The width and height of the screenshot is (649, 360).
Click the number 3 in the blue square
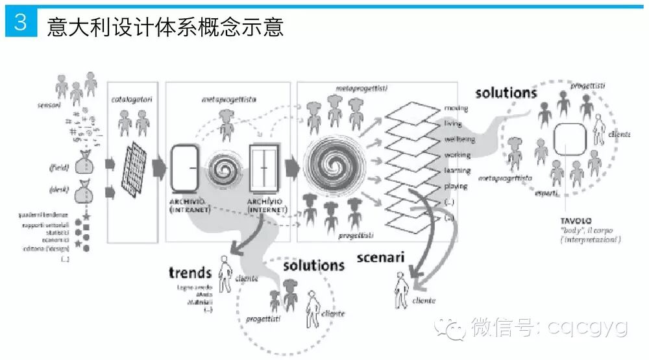[x=20, y=23]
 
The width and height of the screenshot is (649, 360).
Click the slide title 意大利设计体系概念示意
[x=165, y=27]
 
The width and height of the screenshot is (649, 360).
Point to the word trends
[x=190, y=273]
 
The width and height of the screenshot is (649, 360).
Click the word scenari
[x=381, y=258]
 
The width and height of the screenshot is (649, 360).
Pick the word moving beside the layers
[x=456, y=107]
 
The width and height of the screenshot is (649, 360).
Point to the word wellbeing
[x=459, y=139]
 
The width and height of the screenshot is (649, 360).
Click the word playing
[x=456, y=186]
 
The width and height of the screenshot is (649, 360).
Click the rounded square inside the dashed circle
[x=570, y=139]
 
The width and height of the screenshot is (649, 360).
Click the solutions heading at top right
[x=506, y=92]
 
